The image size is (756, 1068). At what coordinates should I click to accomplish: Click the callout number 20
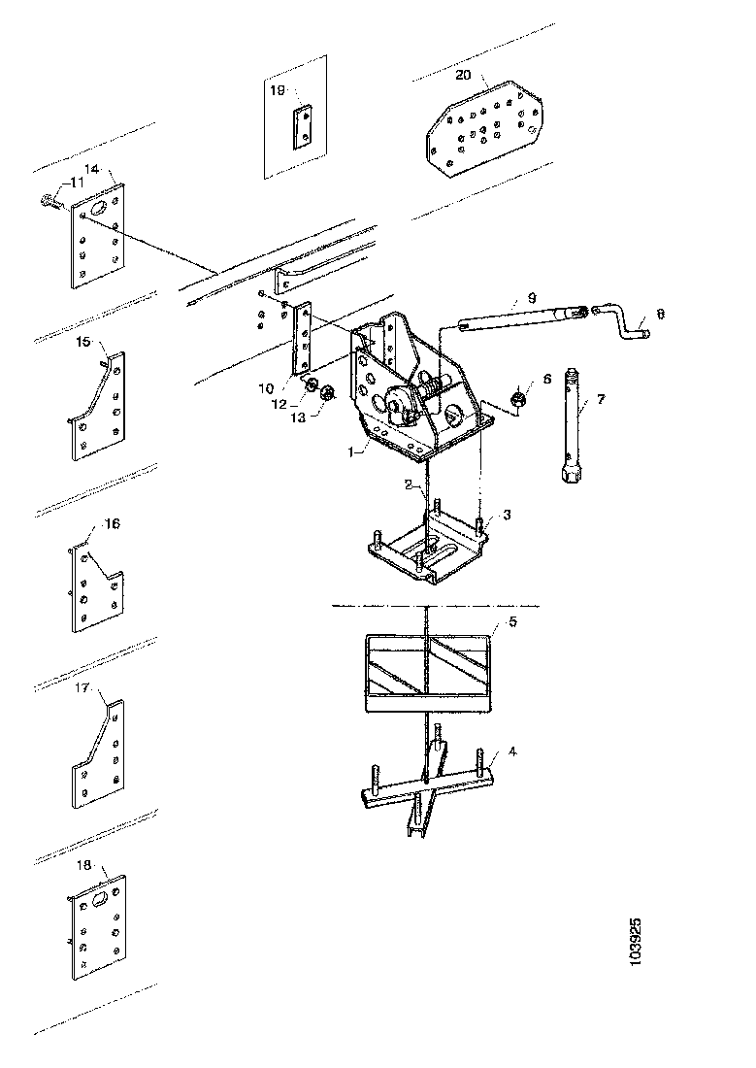tap(463, 75)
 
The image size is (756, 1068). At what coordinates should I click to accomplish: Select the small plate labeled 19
tap(305, 124)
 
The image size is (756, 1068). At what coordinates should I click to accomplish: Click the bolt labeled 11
tap(48, 201)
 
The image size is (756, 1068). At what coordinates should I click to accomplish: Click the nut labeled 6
tap(518, 397)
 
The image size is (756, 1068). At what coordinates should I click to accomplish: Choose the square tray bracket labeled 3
tap(426, 550)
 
